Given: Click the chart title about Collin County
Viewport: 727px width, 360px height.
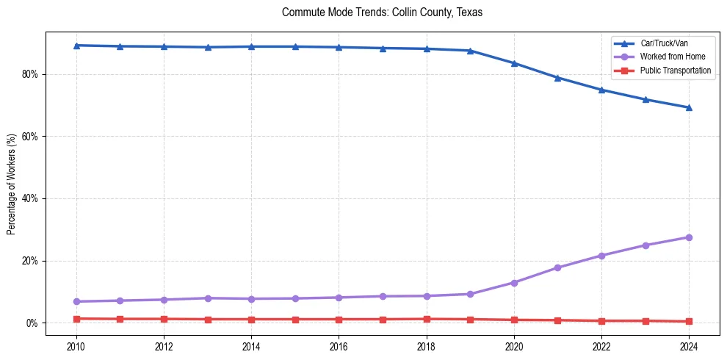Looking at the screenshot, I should coord(382,12).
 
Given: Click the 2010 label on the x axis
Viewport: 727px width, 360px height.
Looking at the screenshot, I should coord(76,346).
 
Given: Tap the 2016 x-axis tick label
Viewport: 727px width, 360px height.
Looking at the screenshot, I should coord(339,346).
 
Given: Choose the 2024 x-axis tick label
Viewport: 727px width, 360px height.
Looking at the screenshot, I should coord(689,346).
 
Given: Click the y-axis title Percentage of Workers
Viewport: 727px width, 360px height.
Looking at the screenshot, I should coord(12,184).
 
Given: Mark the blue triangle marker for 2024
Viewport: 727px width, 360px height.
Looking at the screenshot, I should coord(689,107).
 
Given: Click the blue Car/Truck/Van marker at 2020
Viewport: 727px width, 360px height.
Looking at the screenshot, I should coord(514,63).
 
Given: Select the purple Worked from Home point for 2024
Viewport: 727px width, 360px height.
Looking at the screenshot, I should coord(689,237).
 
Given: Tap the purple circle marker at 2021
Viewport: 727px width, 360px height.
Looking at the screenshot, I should coord(558,267).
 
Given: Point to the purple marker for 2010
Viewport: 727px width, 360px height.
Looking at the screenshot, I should coord(76,301).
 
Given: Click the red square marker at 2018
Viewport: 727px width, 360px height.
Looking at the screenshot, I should coord(427,319).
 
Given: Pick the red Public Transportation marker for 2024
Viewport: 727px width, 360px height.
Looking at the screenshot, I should coord(689,321).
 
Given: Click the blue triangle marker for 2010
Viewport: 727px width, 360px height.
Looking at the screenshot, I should coord(76,46).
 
